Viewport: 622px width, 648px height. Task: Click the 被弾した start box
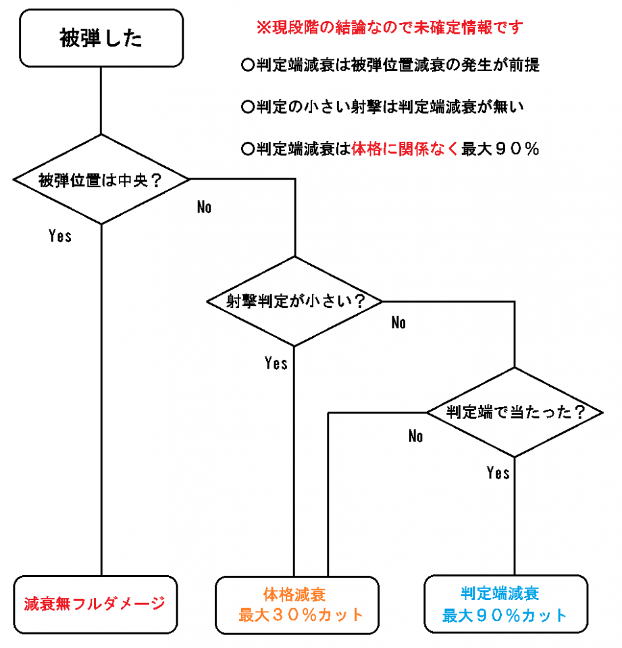pos(101,38)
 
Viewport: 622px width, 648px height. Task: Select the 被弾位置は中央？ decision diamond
pos(101,180)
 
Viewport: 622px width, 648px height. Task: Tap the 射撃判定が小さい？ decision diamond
pos(294,301)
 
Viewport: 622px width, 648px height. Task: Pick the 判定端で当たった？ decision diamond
pos(515,412)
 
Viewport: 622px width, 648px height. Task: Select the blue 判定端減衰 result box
pos(506,604)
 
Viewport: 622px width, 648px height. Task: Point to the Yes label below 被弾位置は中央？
pos(60,236)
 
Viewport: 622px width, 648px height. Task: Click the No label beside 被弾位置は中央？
pos(205,207)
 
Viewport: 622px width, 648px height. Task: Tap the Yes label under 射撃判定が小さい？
pos(276,363)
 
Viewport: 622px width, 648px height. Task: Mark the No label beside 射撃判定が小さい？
pos(398,323)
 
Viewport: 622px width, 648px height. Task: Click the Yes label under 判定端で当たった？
pos(498,473)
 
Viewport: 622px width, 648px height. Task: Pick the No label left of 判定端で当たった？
pos(415,436)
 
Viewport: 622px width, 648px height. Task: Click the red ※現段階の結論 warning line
pos(390,28)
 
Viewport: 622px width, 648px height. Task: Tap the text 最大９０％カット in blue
pos(505,616)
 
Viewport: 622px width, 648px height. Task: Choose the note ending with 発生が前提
pos(390,66)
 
